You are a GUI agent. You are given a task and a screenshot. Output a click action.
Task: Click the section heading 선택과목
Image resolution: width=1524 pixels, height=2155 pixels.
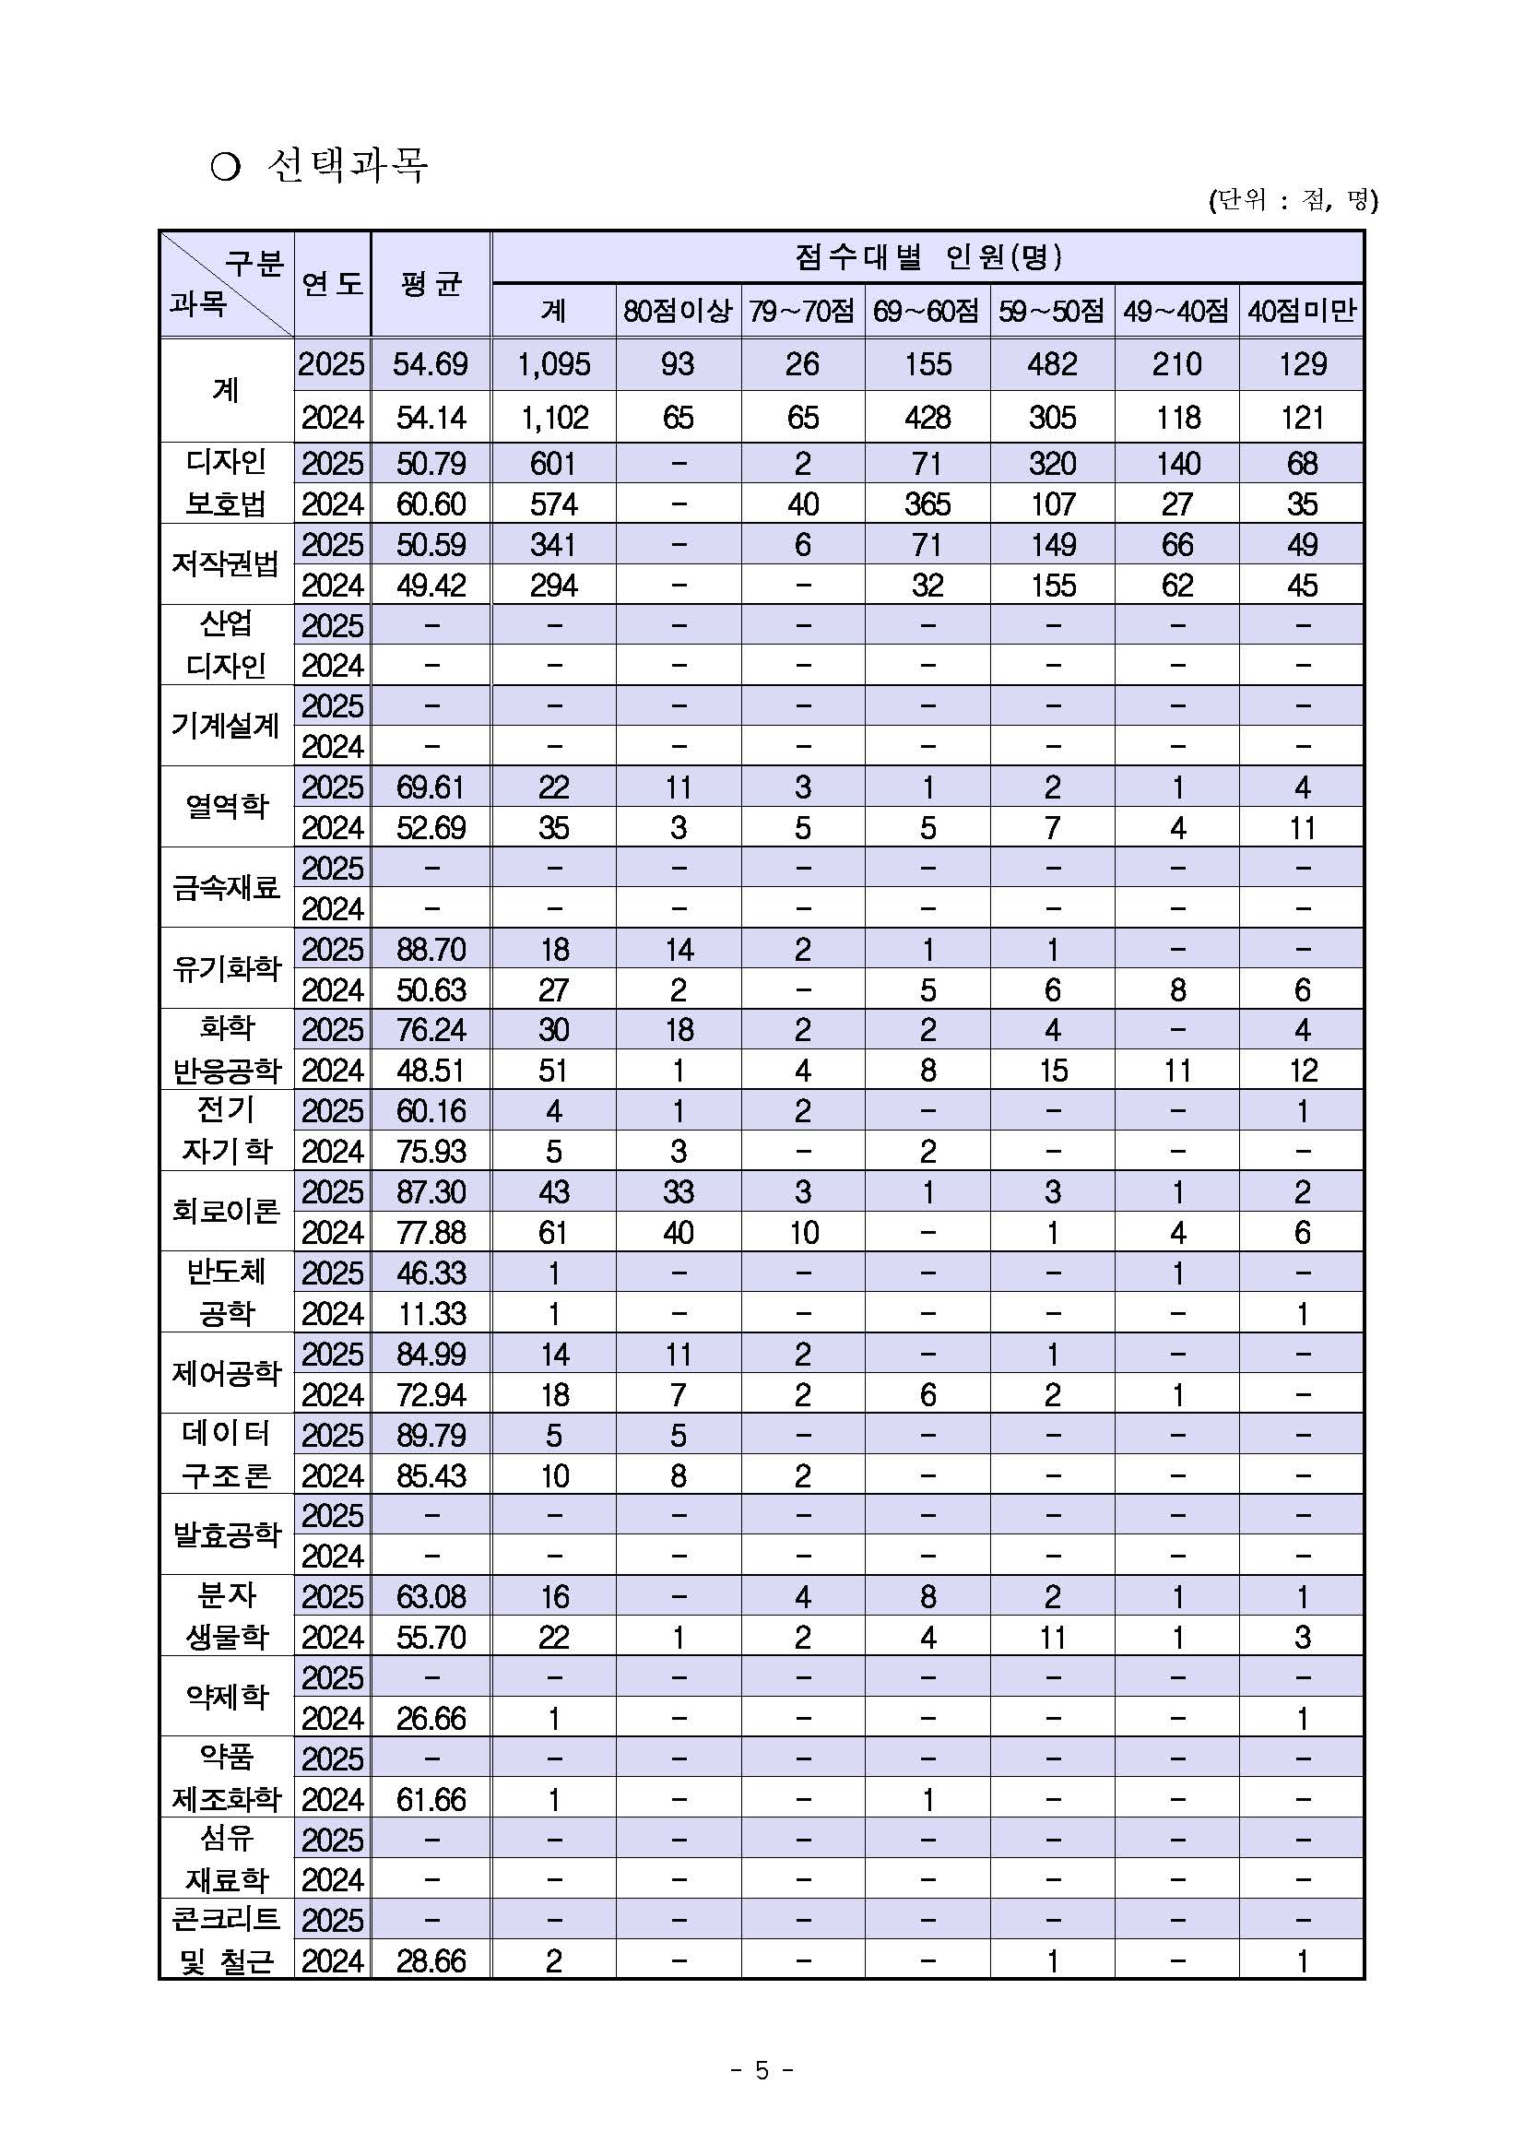(x=347, y=166)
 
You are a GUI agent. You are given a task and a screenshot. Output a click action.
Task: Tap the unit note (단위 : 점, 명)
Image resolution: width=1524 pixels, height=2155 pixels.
(x=1293, y=200)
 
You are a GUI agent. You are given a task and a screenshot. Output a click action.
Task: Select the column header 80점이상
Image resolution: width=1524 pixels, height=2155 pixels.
(x=678, y=311)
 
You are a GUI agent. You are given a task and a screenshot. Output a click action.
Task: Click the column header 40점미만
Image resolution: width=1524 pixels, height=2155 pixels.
(x=1301, y=311)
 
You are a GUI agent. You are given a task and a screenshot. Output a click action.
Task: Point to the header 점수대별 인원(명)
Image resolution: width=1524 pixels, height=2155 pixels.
(x=927, y=256)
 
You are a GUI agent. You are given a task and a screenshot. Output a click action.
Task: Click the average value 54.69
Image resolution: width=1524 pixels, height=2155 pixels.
(x=430, y=364)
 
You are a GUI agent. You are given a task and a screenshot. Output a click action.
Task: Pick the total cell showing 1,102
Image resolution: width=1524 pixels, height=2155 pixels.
(x=554, y=418)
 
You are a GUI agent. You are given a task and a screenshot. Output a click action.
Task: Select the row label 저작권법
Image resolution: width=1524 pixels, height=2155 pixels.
(x=226, y=563)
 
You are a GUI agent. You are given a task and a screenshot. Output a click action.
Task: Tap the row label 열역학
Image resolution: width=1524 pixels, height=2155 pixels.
(x=226, y=806)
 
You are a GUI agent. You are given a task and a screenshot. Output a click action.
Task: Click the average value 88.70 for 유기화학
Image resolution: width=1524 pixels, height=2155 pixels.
(x=430, y=950)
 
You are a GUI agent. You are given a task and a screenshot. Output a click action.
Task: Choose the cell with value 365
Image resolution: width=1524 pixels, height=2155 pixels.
(x=927, y=504)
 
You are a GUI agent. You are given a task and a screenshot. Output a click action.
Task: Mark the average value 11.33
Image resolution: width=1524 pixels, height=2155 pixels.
(x=430, y=1314)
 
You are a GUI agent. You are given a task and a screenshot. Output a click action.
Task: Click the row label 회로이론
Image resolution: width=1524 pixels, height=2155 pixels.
(x=226, y=1211)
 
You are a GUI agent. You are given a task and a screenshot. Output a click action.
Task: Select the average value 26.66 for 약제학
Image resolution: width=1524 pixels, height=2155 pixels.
(x=430, y=1719)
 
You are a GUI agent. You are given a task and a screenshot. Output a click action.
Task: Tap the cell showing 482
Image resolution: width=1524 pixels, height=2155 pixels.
(x=1052, y=364)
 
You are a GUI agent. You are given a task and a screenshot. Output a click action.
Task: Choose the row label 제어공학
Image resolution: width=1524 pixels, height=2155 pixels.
(x=226, y=1373)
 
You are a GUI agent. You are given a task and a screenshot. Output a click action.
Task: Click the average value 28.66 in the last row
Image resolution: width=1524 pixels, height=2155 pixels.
(x=430, y=1960)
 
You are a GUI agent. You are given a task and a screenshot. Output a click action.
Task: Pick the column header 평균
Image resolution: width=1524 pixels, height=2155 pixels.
(x=430, y=283)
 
